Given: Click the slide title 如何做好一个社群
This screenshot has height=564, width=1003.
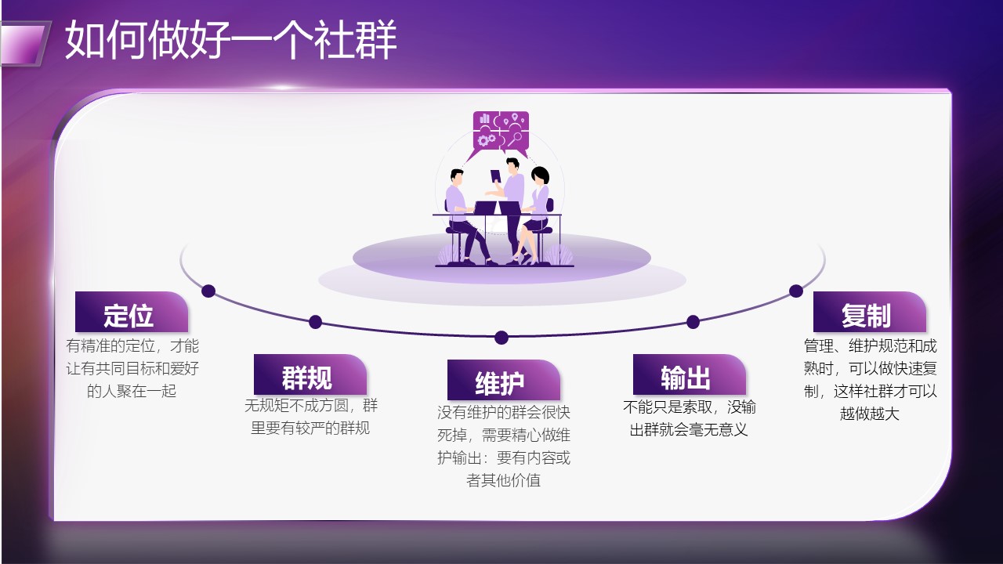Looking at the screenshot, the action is (230, 40).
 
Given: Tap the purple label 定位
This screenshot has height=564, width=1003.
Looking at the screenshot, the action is (131, 312).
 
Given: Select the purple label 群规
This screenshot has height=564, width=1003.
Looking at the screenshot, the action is (310, 374).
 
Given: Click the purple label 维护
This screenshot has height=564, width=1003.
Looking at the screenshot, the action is (503, 380).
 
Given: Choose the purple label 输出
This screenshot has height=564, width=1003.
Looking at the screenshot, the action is (689, 374).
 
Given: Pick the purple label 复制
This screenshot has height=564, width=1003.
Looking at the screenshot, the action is (869, 312).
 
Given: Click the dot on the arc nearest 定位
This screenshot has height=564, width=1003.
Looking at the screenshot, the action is (208, 291).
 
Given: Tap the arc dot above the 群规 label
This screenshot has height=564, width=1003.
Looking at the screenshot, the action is (315, 321).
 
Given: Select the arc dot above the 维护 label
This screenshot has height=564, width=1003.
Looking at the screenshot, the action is (501, 338).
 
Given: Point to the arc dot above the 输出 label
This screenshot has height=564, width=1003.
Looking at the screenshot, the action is (693, 321).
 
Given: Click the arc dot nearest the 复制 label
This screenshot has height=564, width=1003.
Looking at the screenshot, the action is (795, 291).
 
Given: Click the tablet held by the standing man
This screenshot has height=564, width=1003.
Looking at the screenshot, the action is (496, 176).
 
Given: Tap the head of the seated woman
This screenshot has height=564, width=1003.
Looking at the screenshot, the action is (540, 175).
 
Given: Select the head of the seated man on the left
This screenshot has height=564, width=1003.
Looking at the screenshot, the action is (457, 176).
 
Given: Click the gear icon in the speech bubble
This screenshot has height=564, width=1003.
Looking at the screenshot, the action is (483, 140).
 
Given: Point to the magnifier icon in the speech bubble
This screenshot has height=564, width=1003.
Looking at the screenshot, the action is (515, 139).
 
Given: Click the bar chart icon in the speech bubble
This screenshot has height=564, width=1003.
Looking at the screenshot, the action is (484, 118).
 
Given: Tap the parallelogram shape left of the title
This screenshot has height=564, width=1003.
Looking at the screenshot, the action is (24, 43).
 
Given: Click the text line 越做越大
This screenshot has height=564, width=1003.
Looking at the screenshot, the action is (869, 414).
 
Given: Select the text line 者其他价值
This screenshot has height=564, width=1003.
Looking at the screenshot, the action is (503, 480).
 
